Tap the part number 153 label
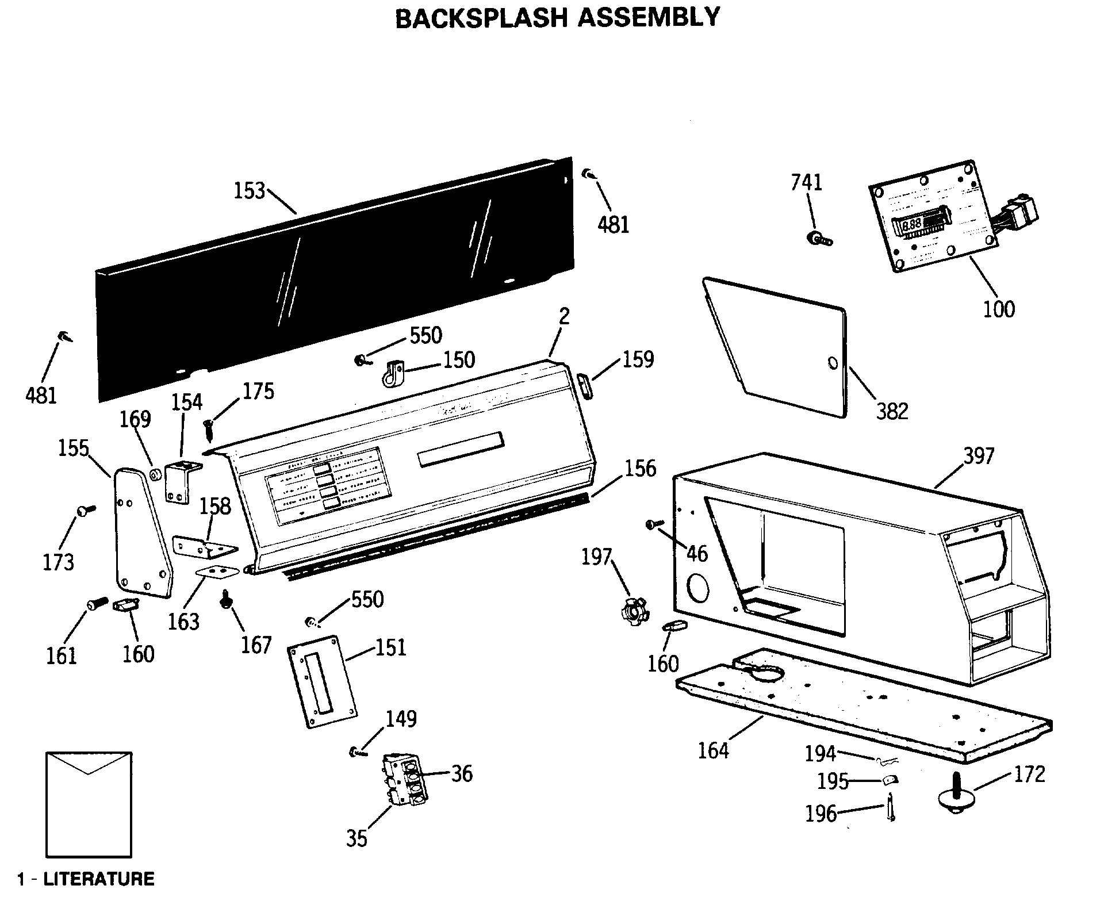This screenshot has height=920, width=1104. click(249, 191)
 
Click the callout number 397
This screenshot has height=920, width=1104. click(979, 456)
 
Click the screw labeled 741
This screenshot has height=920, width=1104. click(819, 239)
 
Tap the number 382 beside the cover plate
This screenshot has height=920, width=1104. click(892, 411)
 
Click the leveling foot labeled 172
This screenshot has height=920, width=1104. click(956, 795)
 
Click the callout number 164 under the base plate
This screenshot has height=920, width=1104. click(713, 750)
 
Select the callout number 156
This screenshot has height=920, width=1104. click(640, 469)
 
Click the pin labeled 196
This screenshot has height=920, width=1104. click(890, 807)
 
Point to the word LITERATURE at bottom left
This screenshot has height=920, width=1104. click(99, 879)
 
